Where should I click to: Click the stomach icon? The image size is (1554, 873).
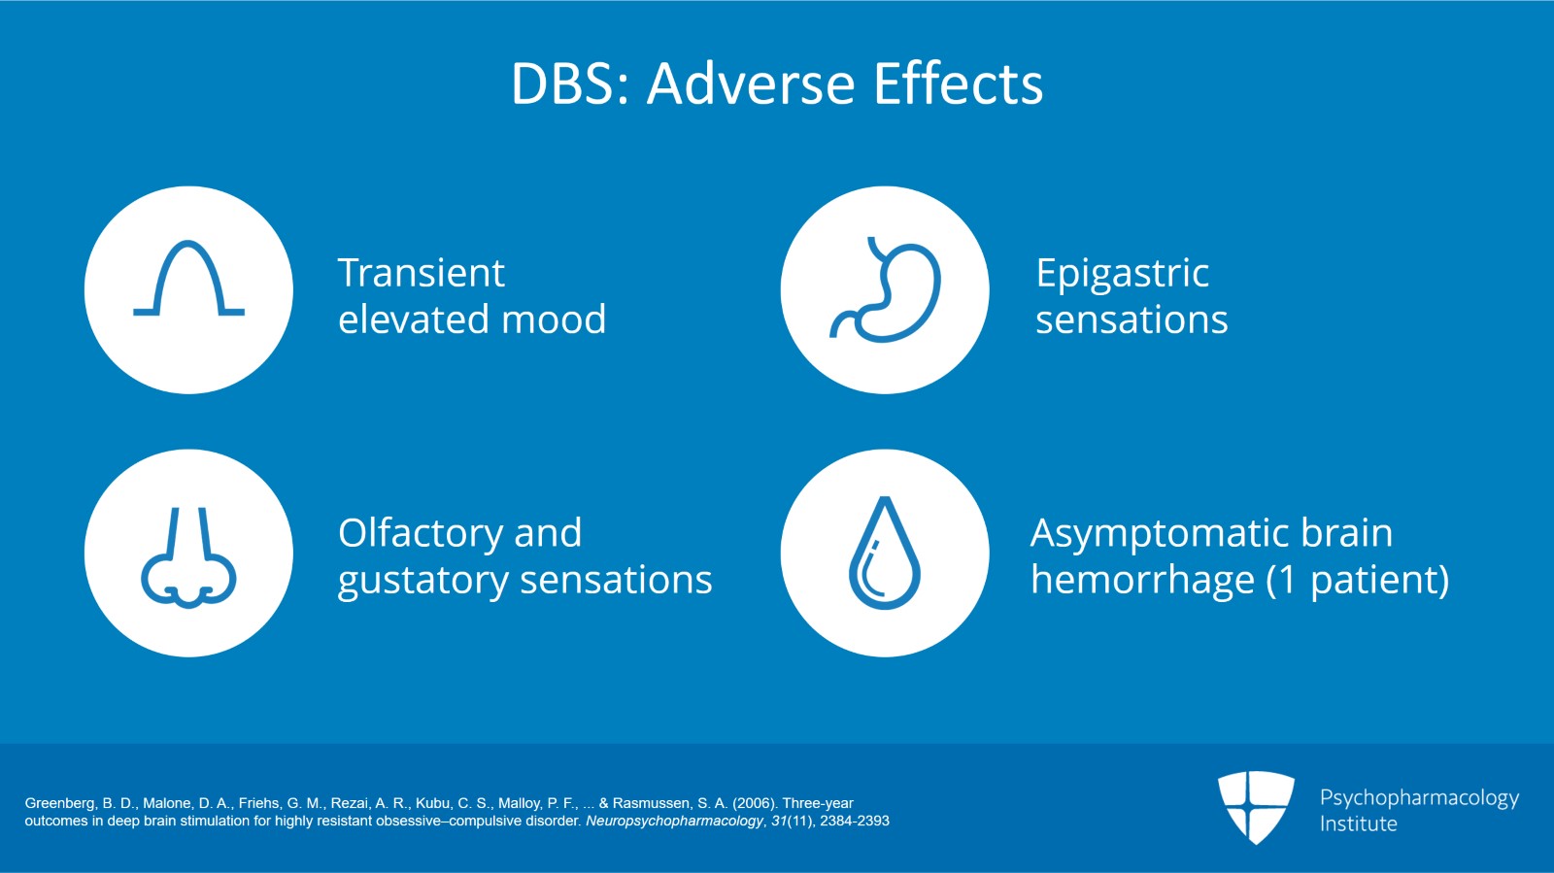pyautogui.click(x=885, y=289)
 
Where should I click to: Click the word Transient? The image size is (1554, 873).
pyautogui.click(x=421, y=273)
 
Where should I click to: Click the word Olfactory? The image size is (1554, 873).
pyautogui.click(x=420, y=533)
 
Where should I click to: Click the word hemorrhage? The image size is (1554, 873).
pyautogui.click(x=1142, y=581)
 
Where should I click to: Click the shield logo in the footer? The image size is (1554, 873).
pyautogui.click(x=1256, y=806)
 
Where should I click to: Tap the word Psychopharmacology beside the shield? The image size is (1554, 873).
pyautogui.click(x=1419, y=797)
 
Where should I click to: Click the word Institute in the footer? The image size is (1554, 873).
pyautogui.click(x=1358, y=823)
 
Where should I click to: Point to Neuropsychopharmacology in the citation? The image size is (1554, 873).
pyautogui.click(x=674, y=822)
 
